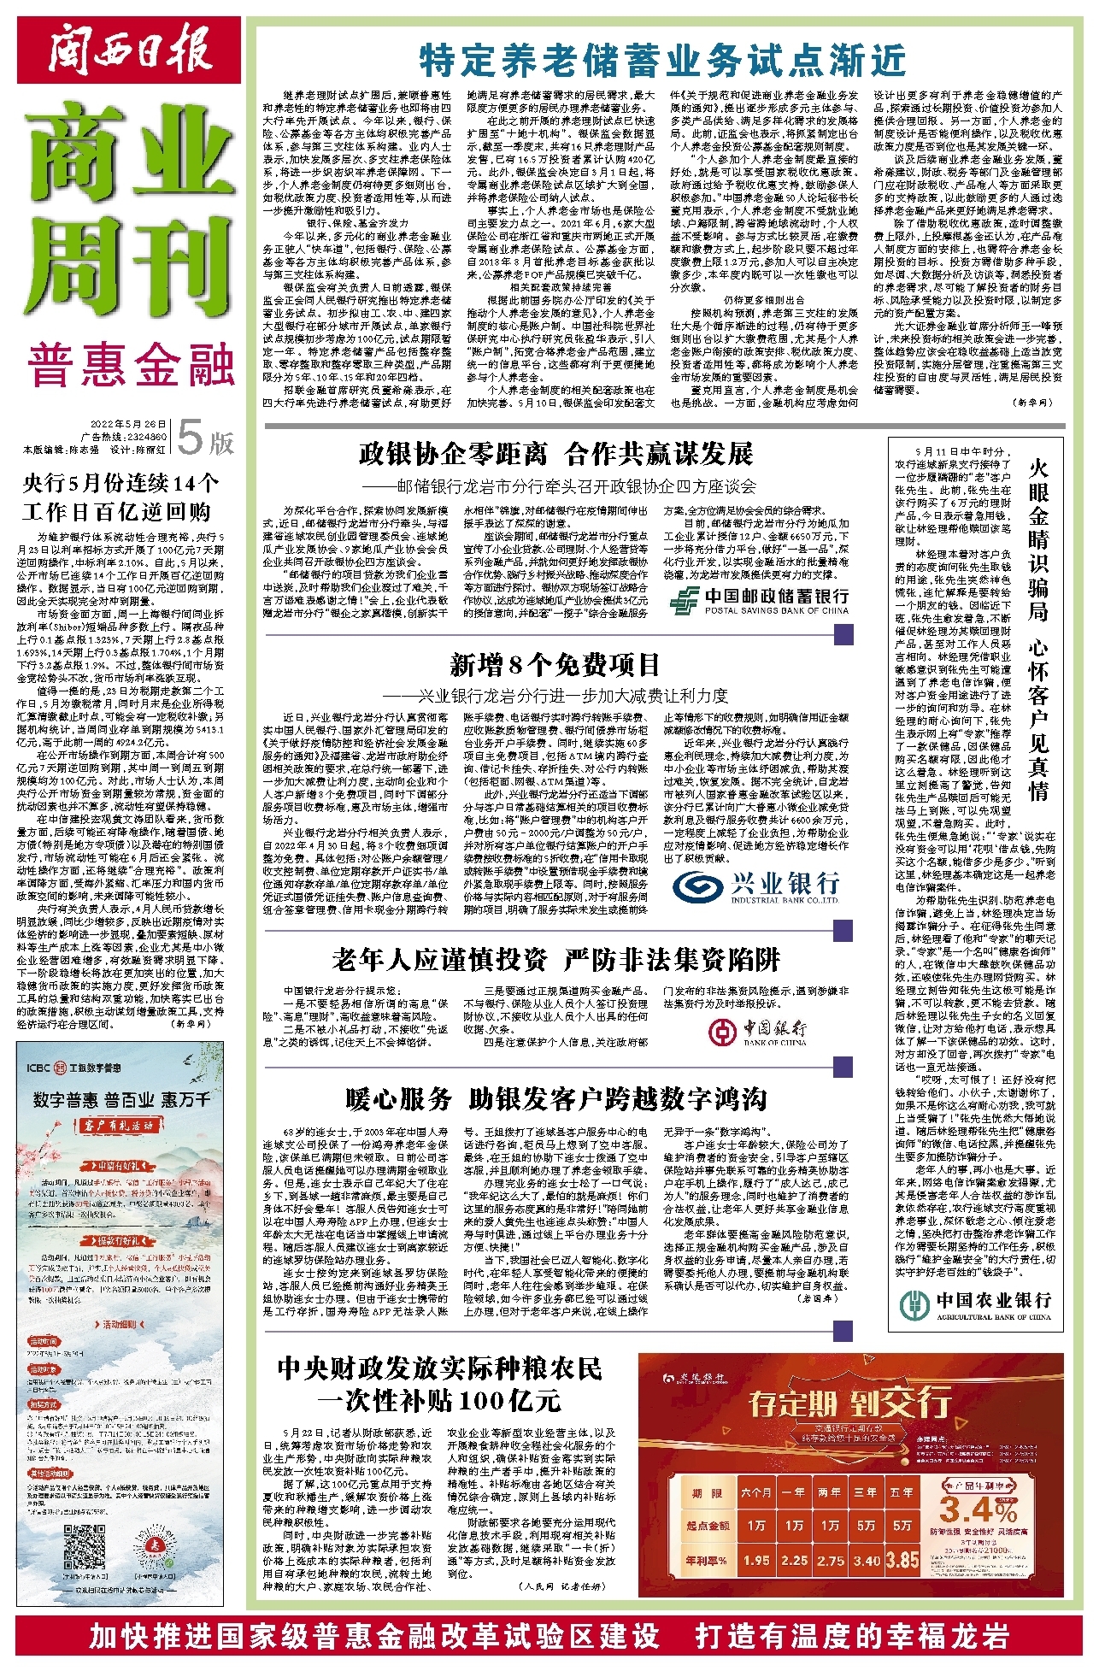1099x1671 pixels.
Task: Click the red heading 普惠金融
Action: pos(130,366)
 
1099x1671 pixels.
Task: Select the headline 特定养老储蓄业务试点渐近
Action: pos(662,61)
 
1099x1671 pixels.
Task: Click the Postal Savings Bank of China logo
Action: pos(759,600)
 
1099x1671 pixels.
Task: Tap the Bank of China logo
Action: pos(759,1032)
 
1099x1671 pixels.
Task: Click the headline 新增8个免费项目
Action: pos(555,664)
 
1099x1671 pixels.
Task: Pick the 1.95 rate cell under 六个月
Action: pos(755,1560)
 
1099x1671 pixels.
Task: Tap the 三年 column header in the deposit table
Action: pos(866,1492)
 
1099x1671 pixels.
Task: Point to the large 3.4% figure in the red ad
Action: pos(978,1509)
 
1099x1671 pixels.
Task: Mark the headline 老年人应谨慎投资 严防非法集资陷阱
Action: pos(555,960)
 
